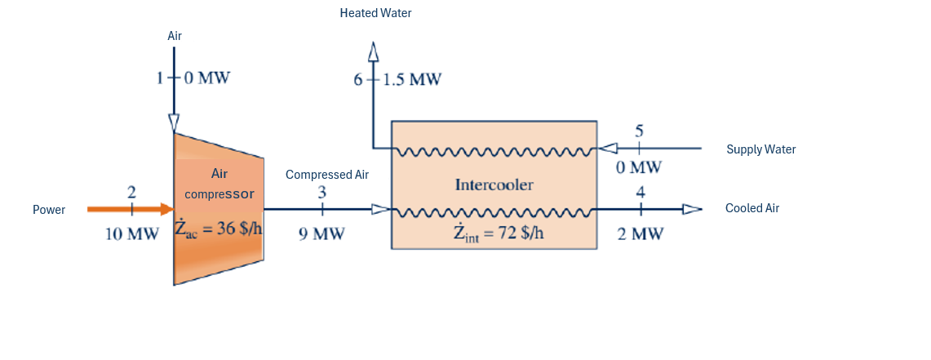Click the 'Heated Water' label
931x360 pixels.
point(376,14)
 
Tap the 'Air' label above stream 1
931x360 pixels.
point(175,36)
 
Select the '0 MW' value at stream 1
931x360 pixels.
point(206,79)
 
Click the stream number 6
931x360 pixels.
point(357,80)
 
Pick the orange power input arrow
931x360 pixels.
point(131,209)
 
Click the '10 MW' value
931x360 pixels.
point(132,234)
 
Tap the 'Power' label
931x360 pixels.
point(49,210)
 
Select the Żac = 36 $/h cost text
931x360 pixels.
point(219,229)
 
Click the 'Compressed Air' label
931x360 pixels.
point(327,175)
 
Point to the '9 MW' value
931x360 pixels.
point(321,234)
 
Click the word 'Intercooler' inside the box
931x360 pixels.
point(494,184)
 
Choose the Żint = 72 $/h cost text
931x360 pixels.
point(498,233)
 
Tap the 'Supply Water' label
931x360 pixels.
point(760,149)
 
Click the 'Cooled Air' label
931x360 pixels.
point(752,208)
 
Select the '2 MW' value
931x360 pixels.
point(641,234)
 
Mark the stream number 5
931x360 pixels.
point(639,131)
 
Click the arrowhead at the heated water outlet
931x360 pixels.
point(374,51)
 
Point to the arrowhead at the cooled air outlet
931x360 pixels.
point(691,209)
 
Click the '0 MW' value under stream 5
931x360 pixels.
point(639,168)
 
